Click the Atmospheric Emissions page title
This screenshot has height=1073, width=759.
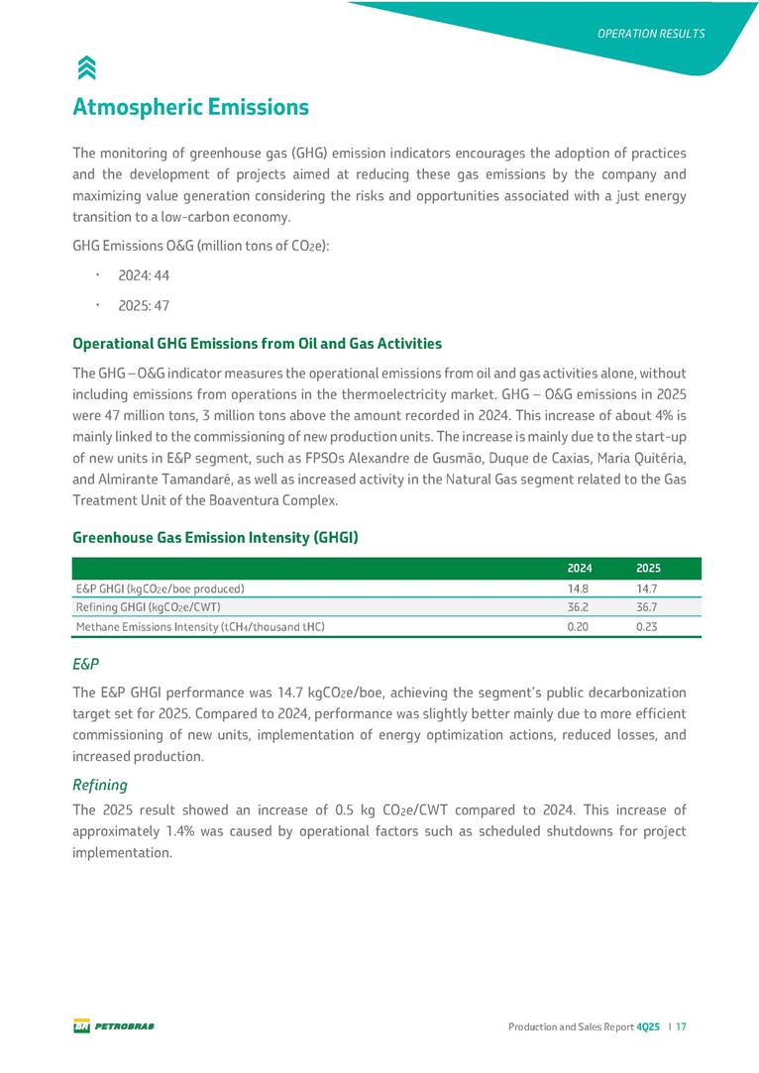(191, 106)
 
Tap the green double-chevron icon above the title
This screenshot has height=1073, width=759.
(86, 66)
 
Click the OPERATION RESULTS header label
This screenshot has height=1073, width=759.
(651, 34)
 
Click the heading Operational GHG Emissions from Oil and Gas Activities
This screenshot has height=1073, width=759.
(257, 344)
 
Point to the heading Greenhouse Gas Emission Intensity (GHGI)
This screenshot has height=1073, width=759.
(215, 538)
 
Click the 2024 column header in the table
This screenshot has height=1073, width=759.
(580, 569)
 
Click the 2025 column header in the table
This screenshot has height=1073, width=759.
(648, 569)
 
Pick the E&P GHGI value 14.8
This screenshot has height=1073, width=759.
(580, 589)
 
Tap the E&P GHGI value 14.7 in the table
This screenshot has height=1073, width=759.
(648, 589)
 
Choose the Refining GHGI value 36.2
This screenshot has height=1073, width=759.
(580, 607)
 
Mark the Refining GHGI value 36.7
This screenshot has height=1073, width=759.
(648, 607)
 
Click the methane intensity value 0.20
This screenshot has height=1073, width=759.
(580, 626)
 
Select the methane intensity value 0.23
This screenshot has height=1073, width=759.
(648, 626)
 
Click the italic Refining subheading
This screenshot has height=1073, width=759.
(100, 785)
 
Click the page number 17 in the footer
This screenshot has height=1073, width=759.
(682, 1027)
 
